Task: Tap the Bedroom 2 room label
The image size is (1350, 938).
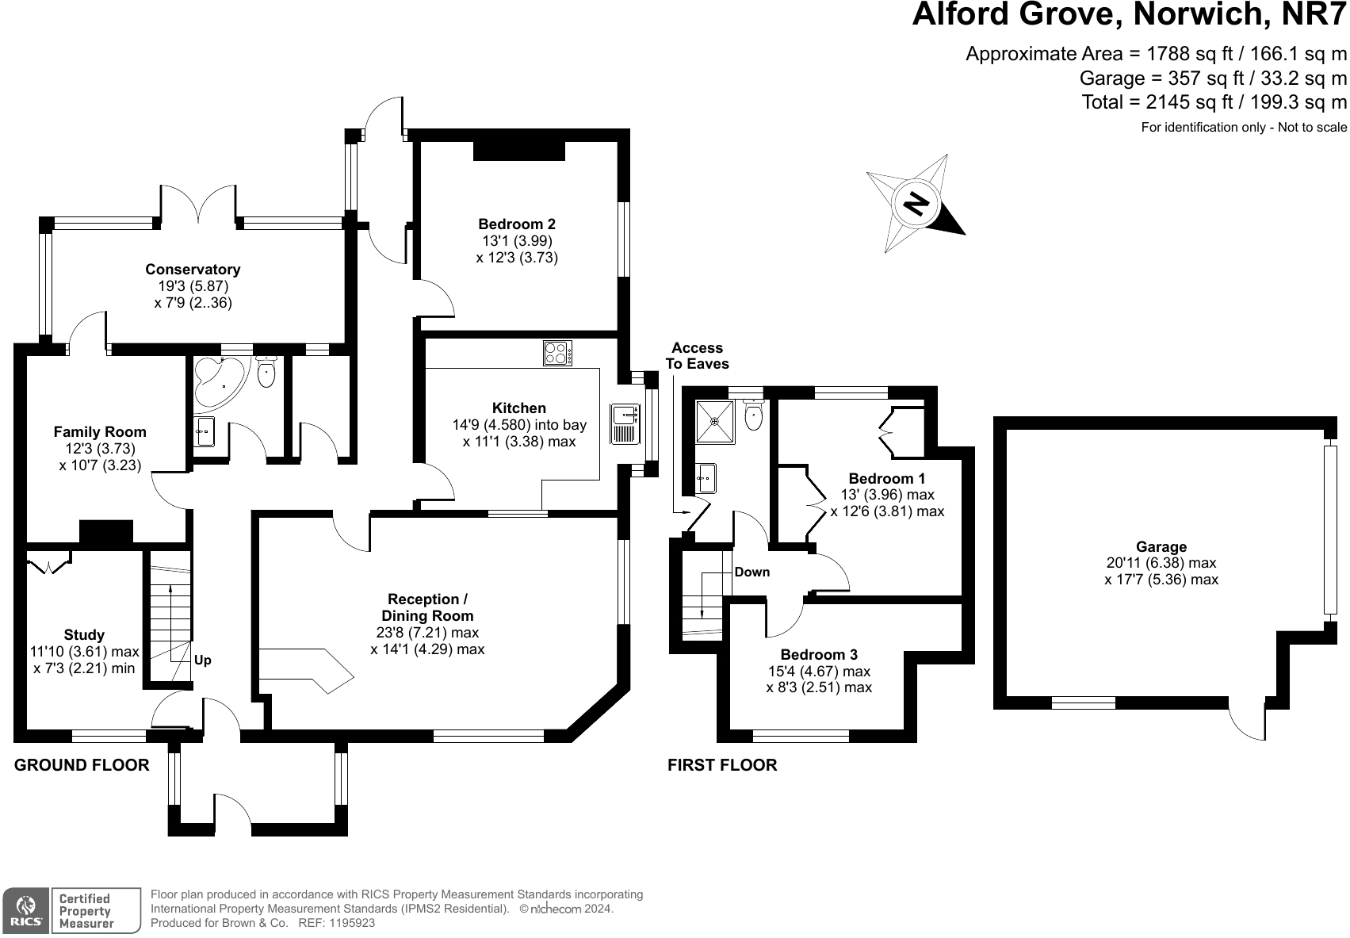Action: point(516,224)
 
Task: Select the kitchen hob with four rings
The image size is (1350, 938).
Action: point(558,353)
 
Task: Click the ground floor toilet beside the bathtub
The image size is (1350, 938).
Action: point(266,372)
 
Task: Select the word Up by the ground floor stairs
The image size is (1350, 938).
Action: point(203,660)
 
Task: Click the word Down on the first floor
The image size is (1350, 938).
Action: point(751,572)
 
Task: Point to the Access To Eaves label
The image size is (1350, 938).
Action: point(697,356)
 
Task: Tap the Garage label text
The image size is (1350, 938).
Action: point(1161,546)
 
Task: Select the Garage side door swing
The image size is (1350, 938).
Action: point(1248,722)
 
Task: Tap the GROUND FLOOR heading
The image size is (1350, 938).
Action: point(82,765)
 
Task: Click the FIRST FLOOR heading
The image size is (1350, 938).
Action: point(722,765)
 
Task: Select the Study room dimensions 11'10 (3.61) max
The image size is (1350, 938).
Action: point(84,652)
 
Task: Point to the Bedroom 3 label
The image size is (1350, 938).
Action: point(819,655)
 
